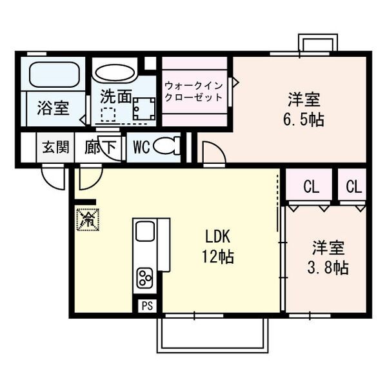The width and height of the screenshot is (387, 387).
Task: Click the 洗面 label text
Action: coord(116,97)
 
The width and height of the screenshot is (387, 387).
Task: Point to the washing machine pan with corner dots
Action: coord(144,109)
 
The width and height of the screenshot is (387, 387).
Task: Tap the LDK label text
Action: coord(219,237)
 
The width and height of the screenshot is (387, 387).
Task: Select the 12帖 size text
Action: coord(219,256)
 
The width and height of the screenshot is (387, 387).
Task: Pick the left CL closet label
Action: coord(311,188)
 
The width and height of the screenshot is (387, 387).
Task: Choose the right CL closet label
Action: coord(353,188)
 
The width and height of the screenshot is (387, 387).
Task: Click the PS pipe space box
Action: coord(146,306)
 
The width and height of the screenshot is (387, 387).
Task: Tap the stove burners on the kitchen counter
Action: coord(144,279)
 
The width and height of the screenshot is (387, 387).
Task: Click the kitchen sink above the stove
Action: coord(144,232)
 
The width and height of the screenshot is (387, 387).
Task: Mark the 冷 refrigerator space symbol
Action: coord(86,219)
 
